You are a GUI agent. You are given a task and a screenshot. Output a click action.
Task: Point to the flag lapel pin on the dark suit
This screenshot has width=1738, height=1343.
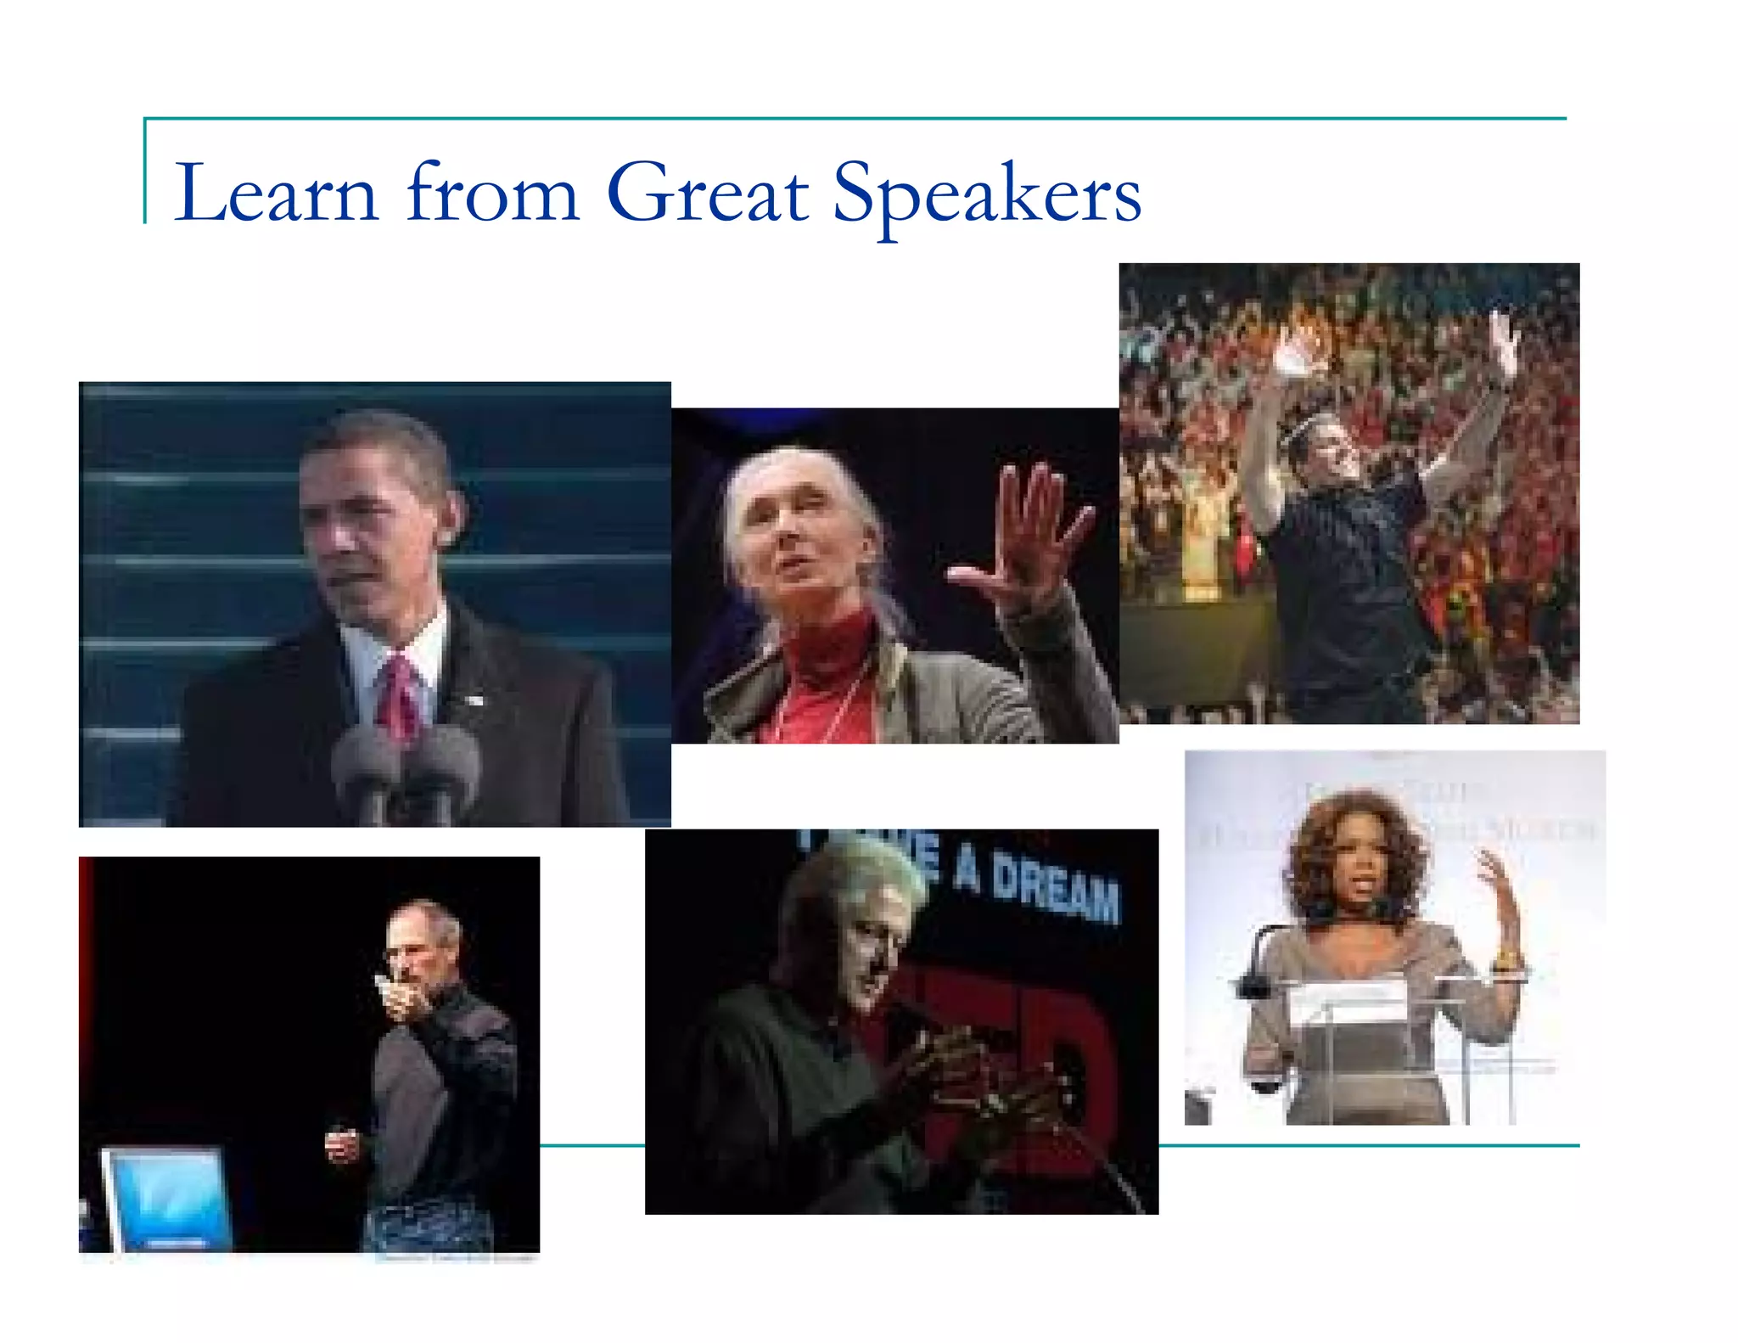[472, 700]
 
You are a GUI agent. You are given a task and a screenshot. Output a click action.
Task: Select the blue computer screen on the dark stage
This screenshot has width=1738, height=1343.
[165, 1197]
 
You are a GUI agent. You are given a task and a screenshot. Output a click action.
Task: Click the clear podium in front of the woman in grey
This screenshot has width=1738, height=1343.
[1358, 1044]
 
